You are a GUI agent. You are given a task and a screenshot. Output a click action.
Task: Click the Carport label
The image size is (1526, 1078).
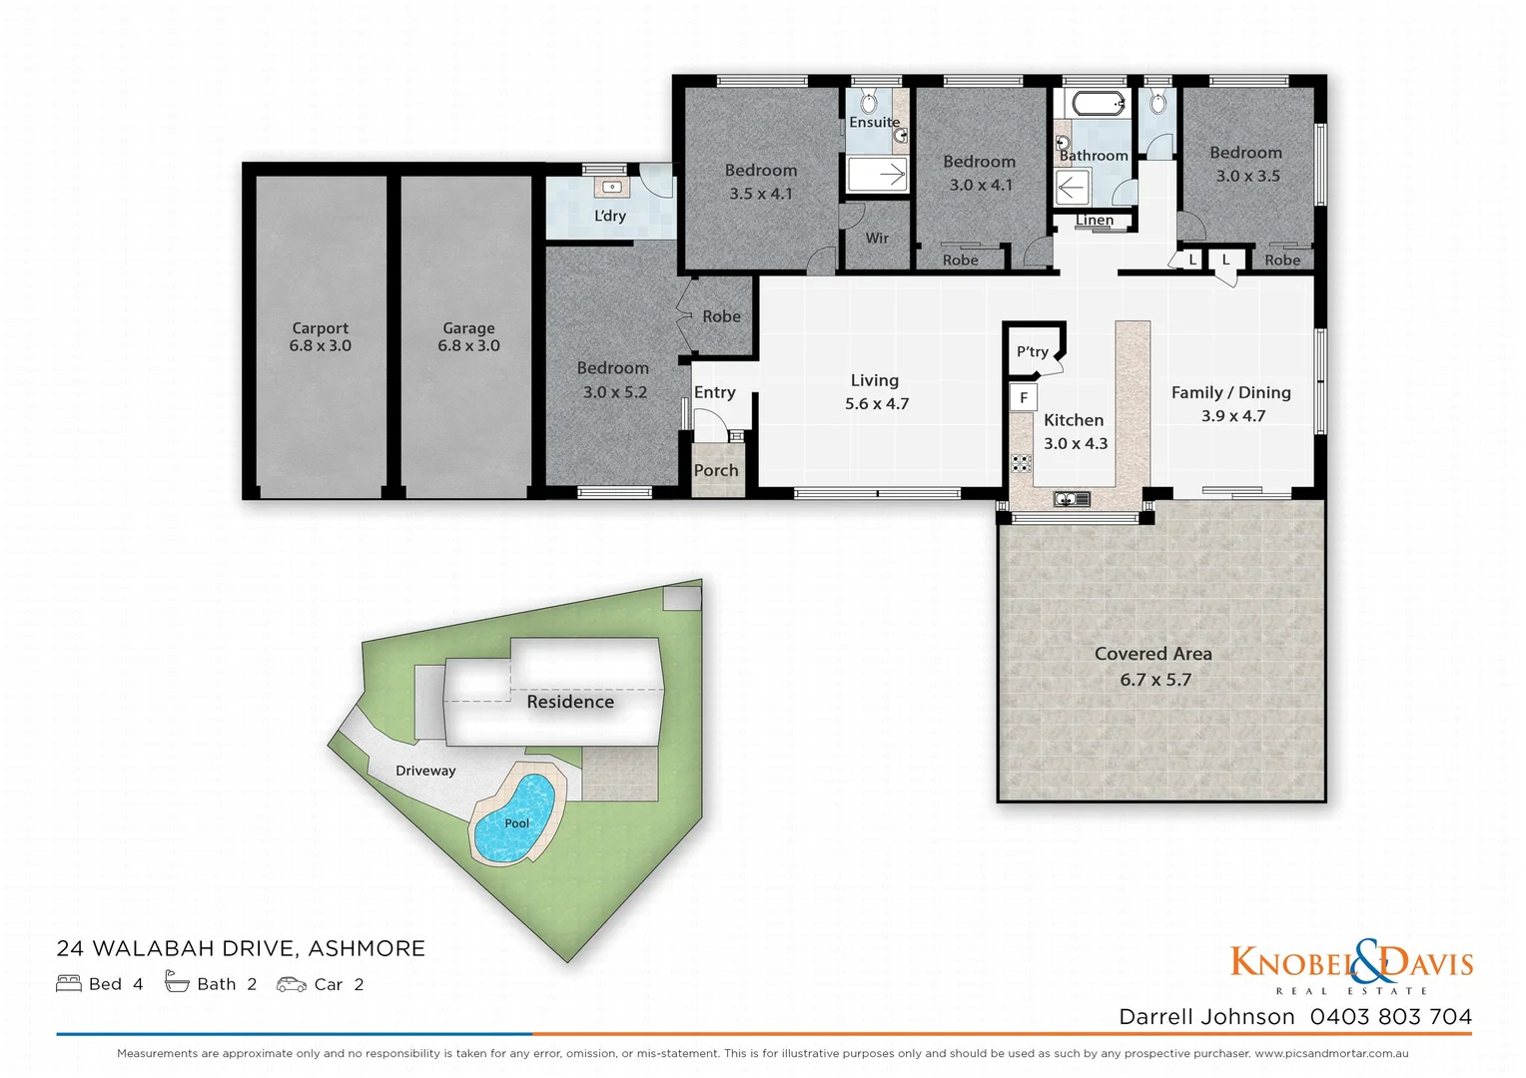[x=320, y=327]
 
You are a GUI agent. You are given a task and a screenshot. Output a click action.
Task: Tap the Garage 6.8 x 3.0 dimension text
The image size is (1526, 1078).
[x=468, y=346]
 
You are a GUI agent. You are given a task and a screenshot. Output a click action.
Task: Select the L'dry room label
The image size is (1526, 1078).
[x=609, y=216]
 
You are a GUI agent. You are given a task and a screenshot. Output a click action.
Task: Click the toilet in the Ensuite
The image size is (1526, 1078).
[x=868, y=102]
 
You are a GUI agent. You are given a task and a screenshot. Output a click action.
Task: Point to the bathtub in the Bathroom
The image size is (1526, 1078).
[x=1096, y=103]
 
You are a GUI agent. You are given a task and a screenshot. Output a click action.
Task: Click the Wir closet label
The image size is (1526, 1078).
[x=877, y=238]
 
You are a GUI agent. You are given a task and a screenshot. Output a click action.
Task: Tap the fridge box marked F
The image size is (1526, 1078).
[x=1024, y=397]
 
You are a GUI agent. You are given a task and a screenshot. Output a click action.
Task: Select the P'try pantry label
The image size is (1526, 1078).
[x=1032, y=351]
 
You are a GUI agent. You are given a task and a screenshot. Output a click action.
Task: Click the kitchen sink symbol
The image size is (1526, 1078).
[x=1071, y=499]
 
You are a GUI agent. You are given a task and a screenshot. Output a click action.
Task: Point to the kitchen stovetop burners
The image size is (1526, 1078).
[x=1020, y=462]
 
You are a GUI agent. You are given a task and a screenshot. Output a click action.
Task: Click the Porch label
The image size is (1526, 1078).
[x=716, y=470]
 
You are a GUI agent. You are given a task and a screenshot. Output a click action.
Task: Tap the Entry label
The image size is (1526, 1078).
[x=715, y=392]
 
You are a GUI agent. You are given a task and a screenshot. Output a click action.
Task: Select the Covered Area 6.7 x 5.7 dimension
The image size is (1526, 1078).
[x=1154, y=680]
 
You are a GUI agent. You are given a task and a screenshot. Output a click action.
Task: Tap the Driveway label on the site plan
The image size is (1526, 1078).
[x=425, y=771]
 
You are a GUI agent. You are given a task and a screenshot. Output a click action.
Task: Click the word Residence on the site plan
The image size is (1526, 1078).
[x=570, y=702]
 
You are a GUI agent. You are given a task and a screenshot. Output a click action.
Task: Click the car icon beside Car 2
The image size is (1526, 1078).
[x=291, y=984]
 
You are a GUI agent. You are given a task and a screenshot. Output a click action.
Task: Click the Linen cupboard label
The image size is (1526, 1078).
[x=1095, y=220]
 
